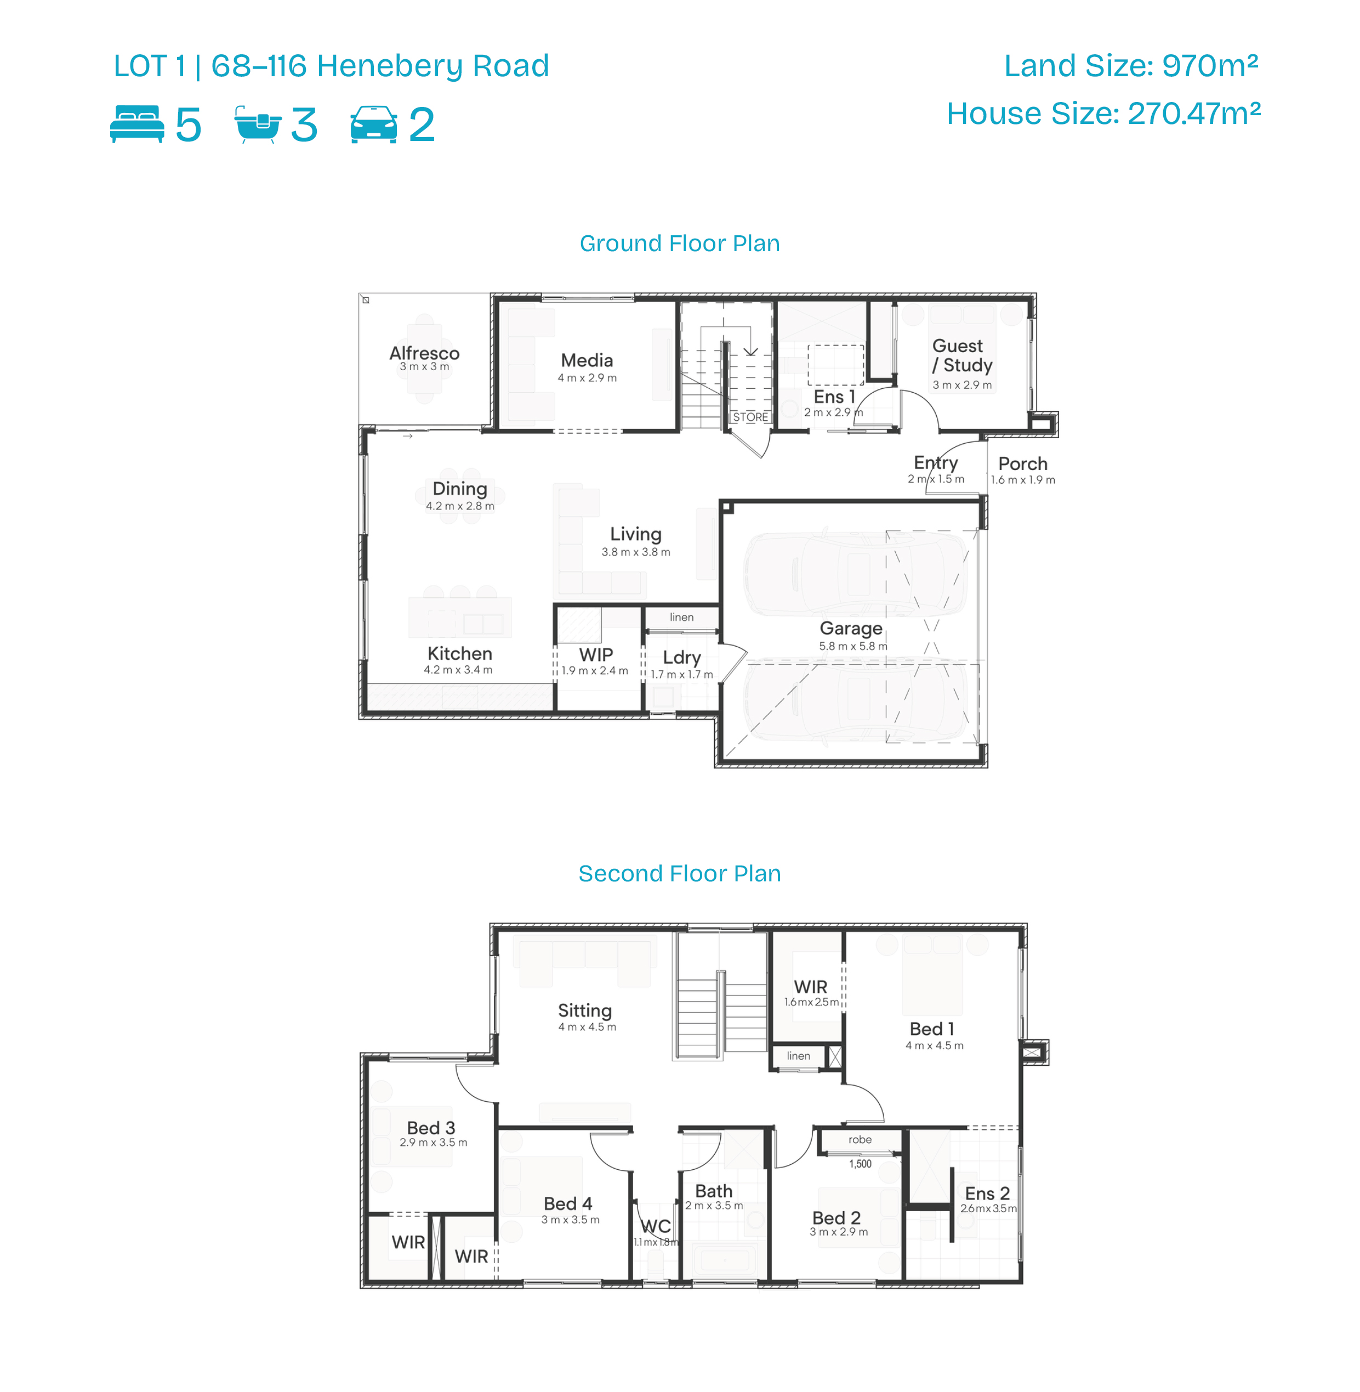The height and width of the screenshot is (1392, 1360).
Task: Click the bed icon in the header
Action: pyautogui.click(x=137, y=123)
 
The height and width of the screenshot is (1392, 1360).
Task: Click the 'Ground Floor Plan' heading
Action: pyautogui.click(x=679, y=244)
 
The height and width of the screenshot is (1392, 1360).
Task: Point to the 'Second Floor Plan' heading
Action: pyautogui.click(x=679, y=873)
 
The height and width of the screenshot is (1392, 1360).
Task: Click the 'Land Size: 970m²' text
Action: pyautogui.click(x=1131, y=66)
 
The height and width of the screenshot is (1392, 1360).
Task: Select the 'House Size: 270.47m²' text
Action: pyautogui.click(x=1103, y=114)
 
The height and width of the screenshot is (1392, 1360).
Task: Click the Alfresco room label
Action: pyautogui.click(x=424, y=353)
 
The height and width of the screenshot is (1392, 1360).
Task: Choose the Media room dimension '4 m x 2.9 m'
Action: pyautogui.click(x=587, y=378)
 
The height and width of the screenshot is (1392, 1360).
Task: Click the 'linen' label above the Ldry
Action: pyautogui.click(x=681, y=616)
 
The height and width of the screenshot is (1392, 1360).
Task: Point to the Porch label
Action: pyautogui.click(x=1023, y=464)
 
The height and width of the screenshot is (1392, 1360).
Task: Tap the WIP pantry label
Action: pyautogui.click(x=596, y=654)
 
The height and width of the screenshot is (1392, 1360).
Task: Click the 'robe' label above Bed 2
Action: pyautogui.click(x=860, y=1140)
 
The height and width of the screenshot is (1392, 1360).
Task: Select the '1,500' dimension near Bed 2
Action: pyautogui.click(x=860, y=1163)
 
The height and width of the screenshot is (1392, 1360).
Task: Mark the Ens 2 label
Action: pyautogui.click(x=987, y=1193)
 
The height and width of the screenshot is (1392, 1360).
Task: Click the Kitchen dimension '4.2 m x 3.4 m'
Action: pyautogui.click(x=458, y=670)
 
